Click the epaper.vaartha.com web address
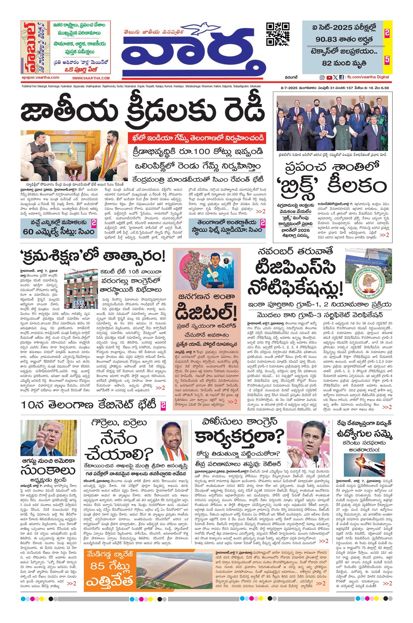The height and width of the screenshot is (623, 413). click(41, 77)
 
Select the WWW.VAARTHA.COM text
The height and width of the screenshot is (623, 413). click(91, 78)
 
